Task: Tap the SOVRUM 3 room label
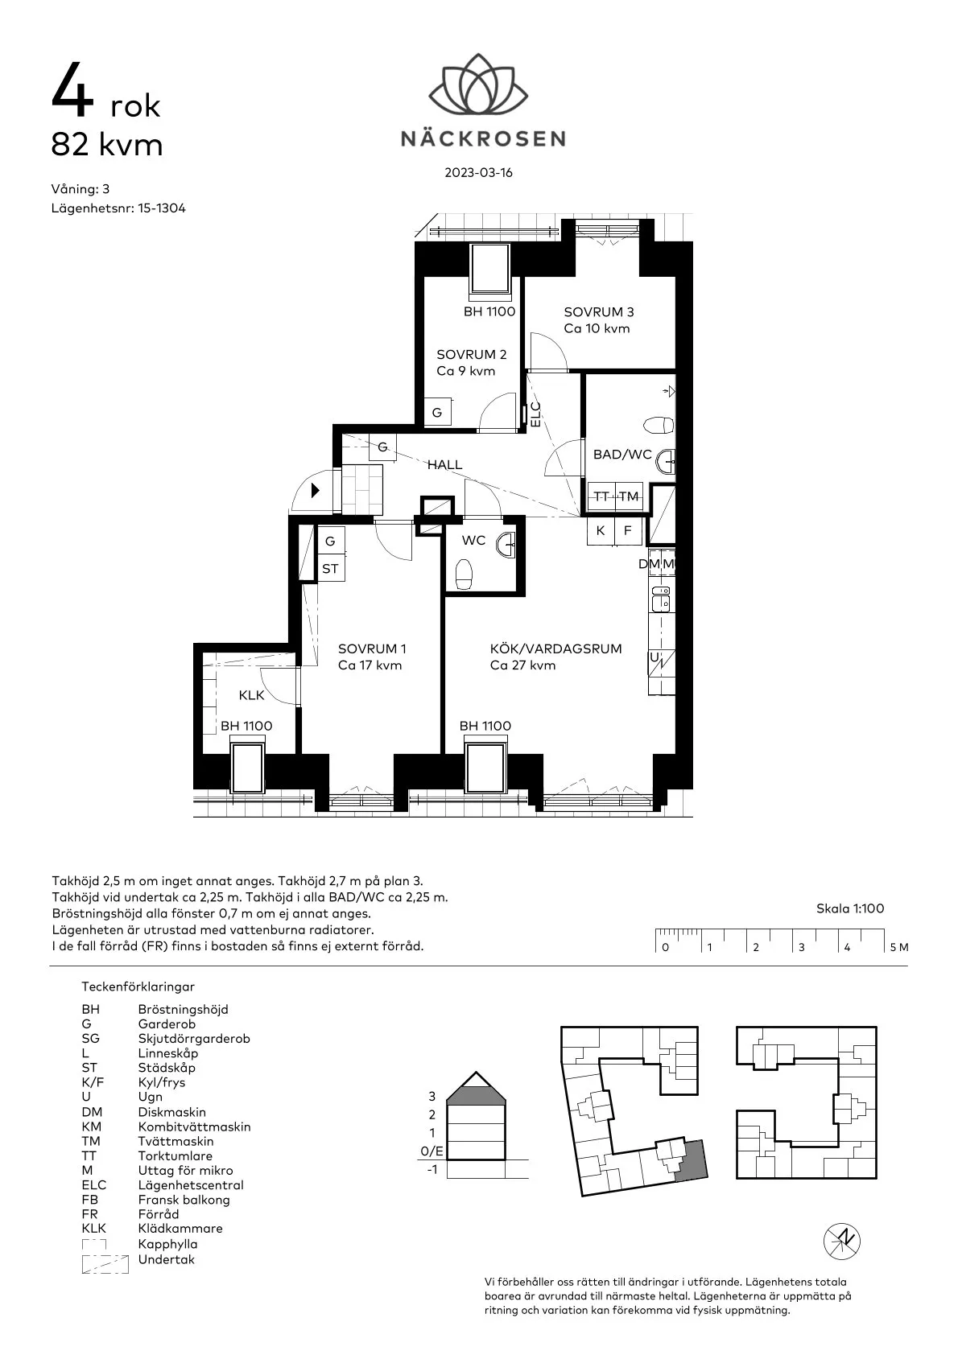click(598, 312)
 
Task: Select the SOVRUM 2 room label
click(472, 355)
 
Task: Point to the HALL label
click(445, 464)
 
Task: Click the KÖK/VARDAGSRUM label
click(555, 649)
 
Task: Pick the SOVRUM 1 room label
click(372, 649)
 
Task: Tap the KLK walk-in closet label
click(251, 695)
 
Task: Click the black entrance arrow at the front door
click(315, 490)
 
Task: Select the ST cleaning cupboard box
click(330, 569)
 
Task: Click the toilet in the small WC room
click(463, 574)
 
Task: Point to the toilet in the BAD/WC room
click(659, 426)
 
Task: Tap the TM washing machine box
click(630, 496)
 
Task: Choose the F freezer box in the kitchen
click(628, 530)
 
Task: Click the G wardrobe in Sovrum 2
click(437, 413)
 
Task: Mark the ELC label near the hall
click(535, 415)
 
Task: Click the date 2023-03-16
click(478, 172)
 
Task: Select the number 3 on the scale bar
click(802, 947)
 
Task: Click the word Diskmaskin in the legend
click(171, 1112)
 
